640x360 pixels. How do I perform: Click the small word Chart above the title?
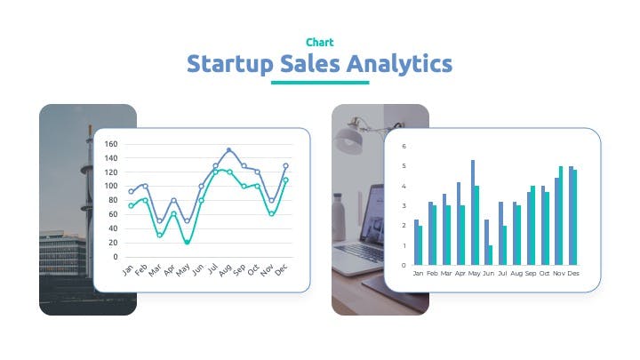(320, 43)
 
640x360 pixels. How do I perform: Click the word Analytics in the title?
(399, 65)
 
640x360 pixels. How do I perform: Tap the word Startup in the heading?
(230, 65)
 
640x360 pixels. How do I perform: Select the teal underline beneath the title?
(320, 83)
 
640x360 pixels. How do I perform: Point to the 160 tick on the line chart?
(110, 144)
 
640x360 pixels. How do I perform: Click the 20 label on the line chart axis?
(113, 243)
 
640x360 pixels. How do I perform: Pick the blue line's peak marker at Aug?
(228, 150)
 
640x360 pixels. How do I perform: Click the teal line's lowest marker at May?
(188, 242)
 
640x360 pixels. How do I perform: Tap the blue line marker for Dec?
(285, 165)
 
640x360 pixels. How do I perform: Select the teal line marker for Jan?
(131, 206)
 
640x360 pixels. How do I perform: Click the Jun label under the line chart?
(198, 269)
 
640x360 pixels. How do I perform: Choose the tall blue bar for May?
(473, 212)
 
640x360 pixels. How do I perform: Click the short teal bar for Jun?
(491, 255)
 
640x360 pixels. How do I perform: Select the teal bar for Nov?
(561, 215)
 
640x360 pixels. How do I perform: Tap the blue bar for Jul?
(500, 234)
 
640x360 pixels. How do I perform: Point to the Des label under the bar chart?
(573, 274)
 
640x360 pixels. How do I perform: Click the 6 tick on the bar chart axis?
(404, 146)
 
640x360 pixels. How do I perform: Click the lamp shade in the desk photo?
(348, 140)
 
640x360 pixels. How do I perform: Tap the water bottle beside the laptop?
(339, 217)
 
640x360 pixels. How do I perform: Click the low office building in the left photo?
(62, 254)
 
